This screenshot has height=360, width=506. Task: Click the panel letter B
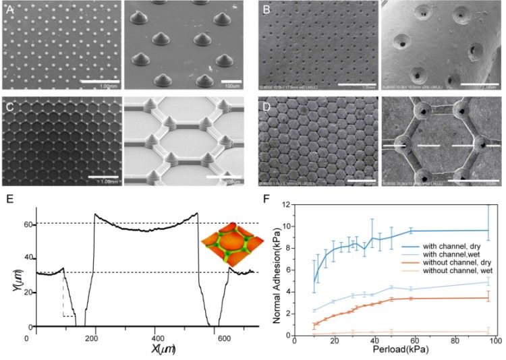tap(266, 9)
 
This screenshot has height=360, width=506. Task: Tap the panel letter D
tap(266, 105)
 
